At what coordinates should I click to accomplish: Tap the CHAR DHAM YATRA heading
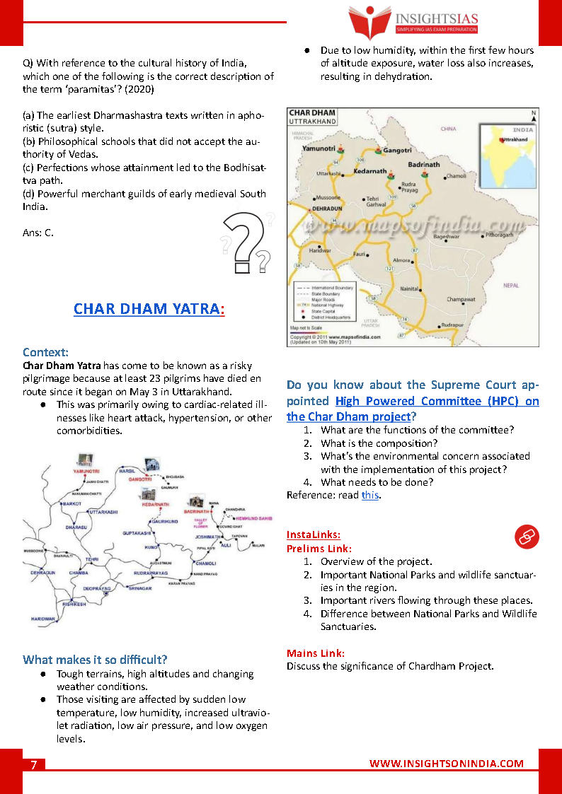pos(149,309)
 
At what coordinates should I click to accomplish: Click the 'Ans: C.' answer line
pos(38,232)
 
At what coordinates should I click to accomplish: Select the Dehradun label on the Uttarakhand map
pos(327,210)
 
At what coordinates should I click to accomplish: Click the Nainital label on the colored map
pos(409,288)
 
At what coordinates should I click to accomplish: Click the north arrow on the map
pos(534,115)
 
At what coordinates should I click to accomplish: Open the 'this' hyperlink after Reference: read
pos(369,495)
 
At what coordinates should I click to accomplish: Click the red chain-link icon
pos(526,537)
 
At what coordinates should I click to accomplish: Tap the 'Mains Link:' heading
pos(316,653)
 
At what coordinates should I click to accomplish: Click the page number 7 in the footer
pos(33,765)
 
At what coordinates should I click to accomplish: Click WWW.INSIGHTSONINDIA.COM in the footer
pos(447,764)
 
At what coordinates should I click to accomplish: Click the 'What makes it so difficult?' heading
pos(95,660)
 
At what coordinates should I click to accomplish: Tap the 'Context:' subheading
pos(45,352)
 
